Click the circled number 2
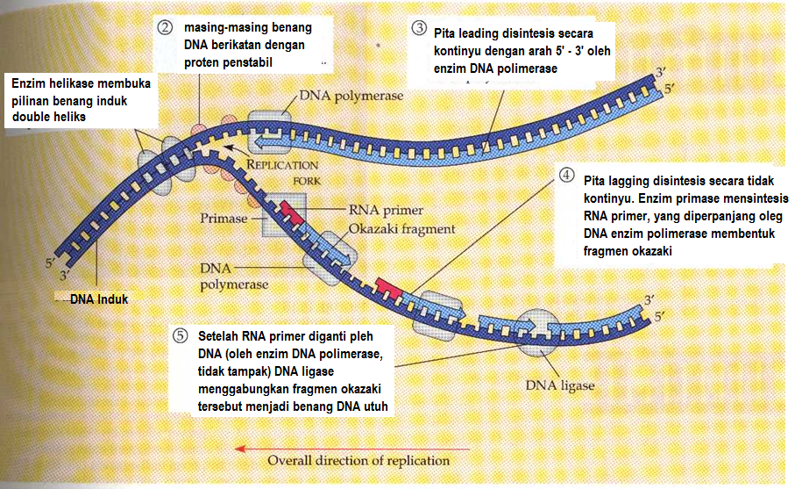pyautogui.click(x=165, y=27)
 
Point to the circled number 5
pyautogui.click(x=181, y=334)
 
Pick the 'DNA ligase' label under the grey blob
pyautogui.click(x=559, y=385)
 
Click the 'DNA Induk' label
pyautogui.click(x=99, y=299)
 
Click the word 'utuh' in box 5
pyautogui.click(x=373, y=406)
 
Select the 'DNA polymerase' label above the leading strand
pyautogui.click(x=351, y=97)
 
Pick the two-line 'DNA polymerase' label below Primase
pyautogui.click(x=234, y=275)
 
